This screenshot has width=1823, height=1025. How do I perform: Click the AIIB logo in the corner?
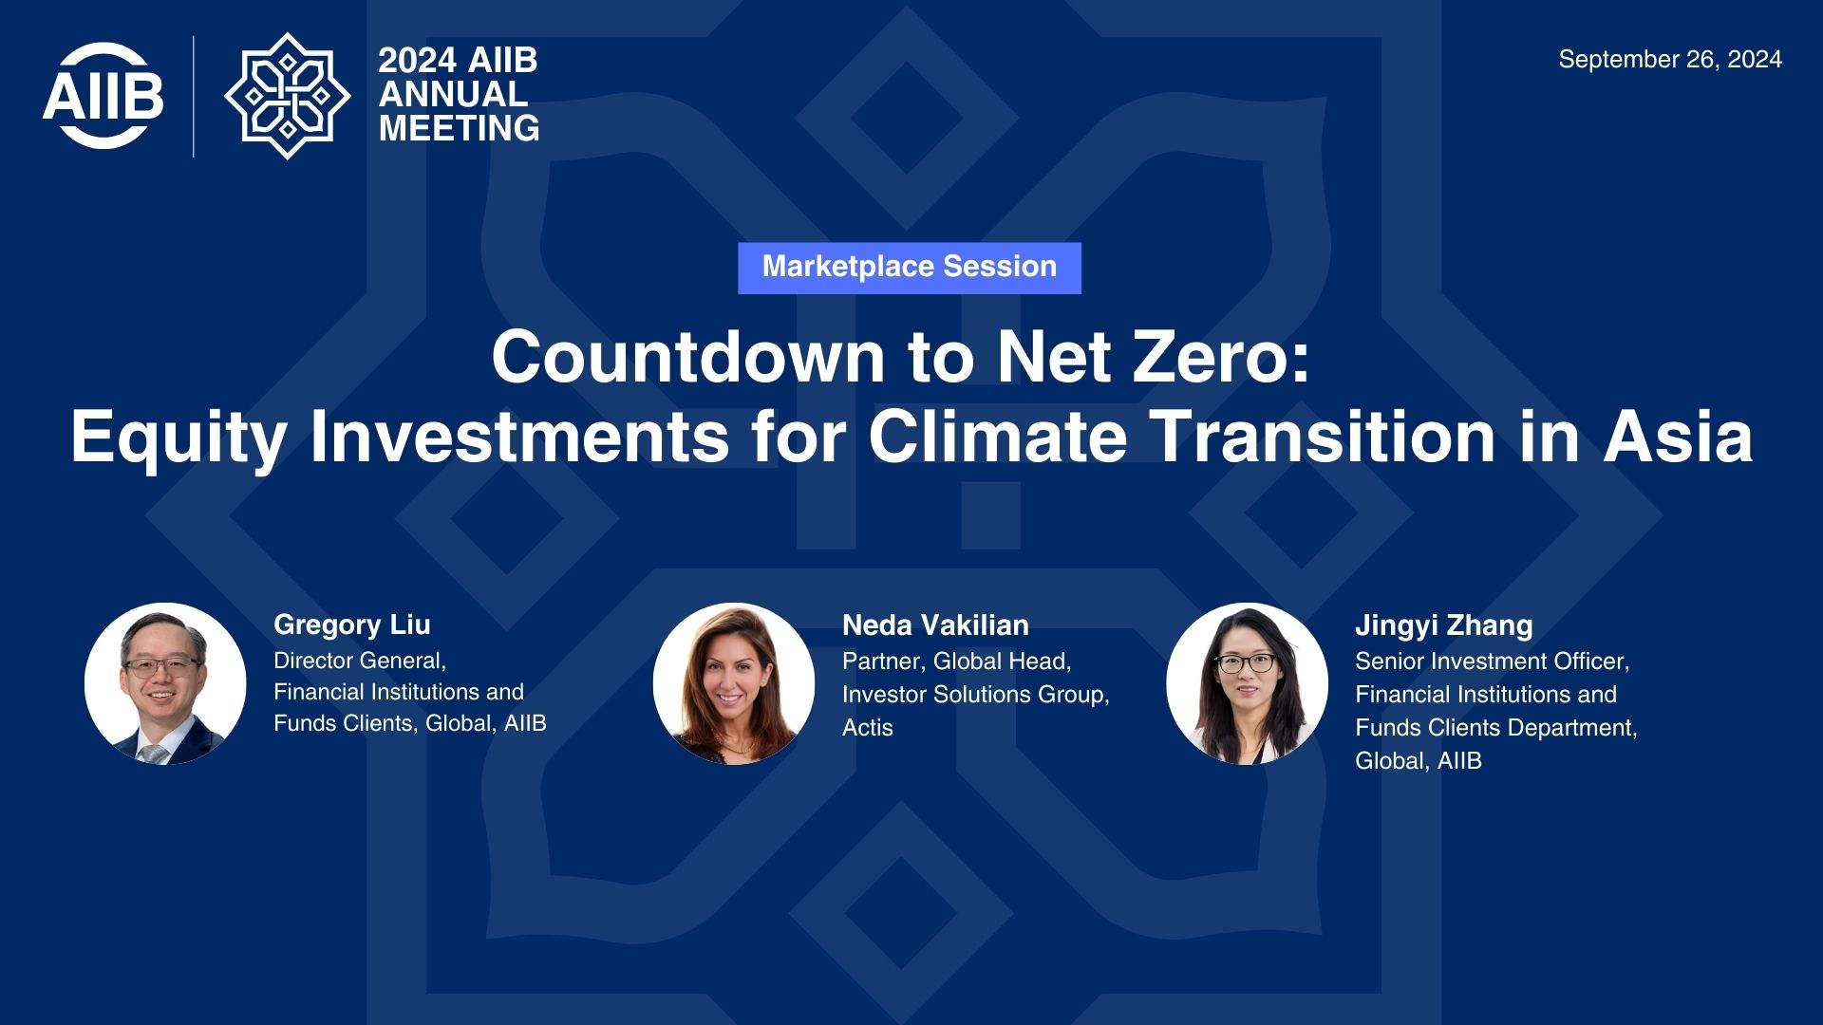(x=103, y=95)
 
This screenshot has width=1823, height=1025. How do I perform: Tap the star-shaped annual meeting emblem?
(x=288, y=96)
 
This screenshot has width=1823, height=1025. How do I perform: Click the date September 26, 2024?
(x=1670, y=59)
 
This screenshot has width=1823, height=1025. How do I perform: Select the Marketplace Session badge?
(x=910, y=268)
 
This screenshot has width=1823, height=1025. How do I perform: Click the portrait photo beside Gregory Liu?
(x=165, y=683)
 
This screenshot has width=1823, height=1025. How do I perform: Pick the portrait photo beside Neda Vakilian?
(x=734, y=683)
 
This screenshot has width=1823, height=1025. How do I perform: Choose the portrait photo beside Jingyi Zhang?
(x=1247, y=683)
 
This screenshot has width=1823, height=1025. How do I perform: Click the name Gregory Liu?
(x=352, y=625)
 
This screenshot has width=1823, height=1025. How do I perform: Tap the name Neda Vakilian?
(x=935, y=625)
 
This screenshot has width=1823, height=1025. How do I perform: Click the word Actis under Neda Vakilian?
(x=868, y=728)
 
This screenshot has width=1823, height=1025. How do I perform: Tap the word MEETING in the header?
(x=460, y=128)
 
